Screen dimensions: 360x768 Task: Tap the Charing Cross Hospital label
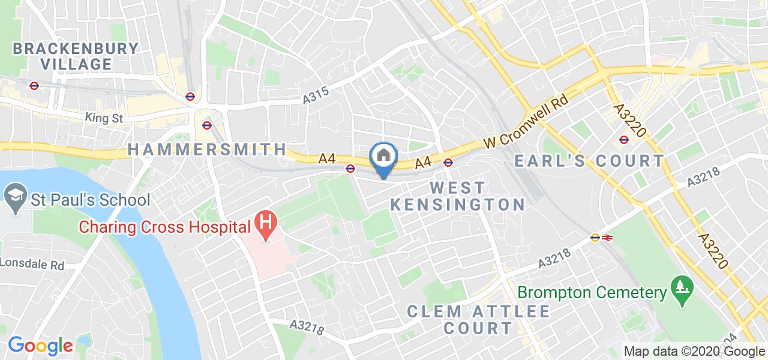(x=165, y=227)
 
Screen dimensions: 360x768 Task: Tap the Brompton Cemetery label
(x=592, y=293)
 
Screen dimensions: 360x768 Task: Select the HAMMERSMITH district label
(x=207, y=149)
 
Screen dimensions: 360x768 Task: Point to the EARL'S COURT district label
(x=590, y=161)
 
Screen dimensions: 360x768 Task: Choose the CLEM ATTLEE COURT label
(x=478, y=320)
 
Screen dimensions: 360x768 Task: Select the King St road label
(x=104, y=118)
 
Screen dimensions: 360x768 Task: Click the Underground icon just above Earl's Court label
(x=624, y=140)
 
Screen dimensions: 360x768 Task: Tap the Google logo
(x=41, y=346)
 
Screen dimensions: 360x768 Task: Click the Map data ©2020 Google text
(x=694, y=352)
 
